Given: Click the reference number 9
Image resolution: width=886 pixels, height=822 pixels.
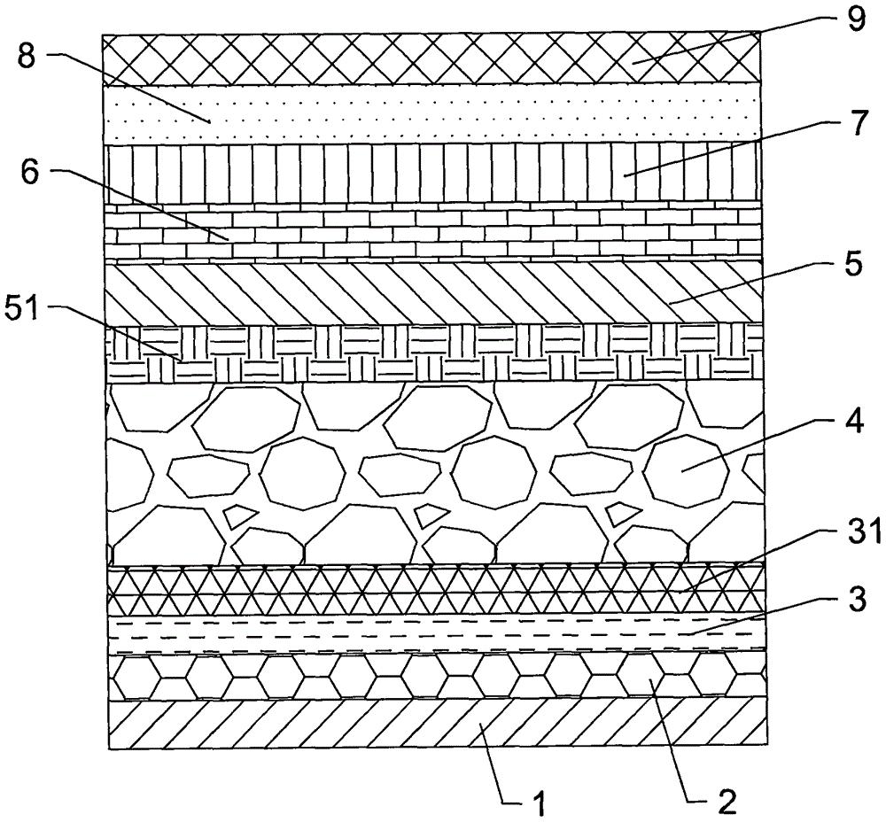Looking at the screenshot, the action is [x=855, y=18].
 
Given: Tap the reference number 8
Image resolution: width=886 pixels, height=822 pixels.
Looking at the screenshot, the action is [x=27, y=56].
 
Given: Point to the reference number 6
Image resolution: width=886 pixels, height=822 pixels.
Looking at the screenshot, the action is [x=30, y=173].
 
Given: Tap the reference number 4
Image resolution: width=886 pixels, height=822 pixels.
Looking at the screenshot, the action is [x=853, y=422].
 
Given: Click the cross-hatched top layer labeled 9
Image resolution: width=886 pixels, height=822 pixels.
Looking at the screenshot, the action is [x=432, y=60].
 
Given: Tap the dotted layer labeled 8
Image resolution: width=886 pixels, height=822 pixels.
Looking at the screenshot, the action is [x=432, y=114].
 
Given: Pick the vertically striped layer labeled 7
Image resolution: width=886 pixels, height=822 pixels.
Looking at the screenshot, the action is [x=432, y=174].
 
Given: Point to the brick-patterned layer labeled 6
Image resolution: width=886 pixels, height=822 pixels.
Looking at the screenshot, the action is [x=433, y=233].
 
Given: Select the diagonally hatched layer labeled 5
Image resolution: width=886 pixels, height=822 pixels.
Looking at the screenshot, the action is [x=433, y=294].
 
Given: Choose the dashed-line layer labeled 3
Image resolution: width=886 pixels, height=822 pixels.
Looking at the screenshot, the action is [x=436, y=635].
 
